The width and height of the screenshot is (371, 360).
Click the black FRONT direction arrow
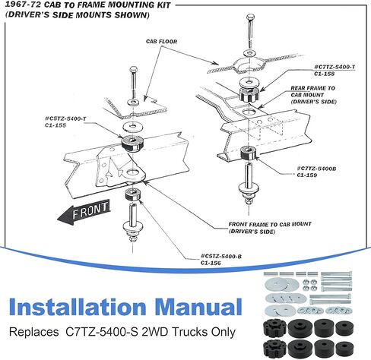pyautogui.click(x=84, y=212)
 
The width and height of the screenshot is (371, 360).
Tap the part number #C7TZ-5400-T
pyautogui.click(x=335, y=67)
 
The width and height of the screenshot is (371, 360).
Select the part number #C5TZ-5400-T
pyautogui.click(x=65, y=118)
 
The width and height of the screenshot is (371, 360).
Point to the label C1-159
pyautogui.click(x=307, y=175)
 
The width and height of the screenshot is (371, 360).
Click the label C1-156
pyautogui.click(x=211, y=263)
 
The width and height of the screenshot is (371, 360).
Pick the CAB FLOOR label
pyautogui.click(x=161, y=42)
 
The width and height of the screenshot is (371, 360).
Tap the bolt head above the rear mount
pyautogui.click(x=250, y=17)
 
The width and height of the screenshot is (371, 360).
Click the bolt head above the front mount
pyautogui.click(x=133, y=69)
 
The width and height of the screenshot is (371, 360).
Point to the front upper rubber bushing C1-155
pyautogui.click(x=132, y=143)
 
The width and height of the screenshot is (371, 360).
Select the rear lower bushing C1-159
pyautogui.click(x=249, y=153)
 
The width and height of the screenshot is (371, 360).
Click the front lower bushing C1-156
pyautogui.click(x=132, y=194)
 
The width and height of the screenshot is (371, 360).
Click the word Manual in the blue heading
pyautogui.click(x=198, y=307)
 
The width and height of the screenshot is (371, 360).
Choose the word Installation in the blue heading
pyautogui.click(x=78, y=307)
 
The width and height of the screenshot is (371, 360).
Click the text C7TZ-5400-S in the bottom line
pyautogui.click(x=102, y=332)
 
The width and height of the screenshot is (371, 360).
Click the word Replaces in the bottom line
pyautogui.click(x=33, y=332)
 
